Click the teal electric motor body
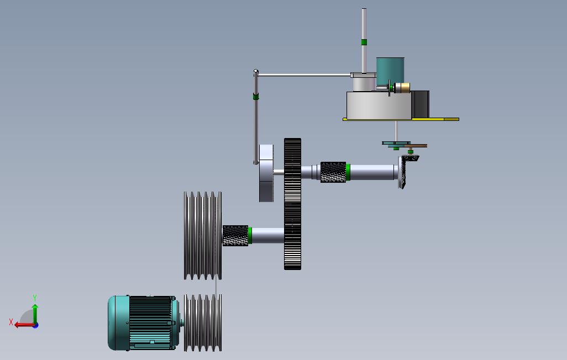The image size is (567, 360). [143, 323]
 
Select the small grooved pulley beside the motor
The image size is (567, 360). [203, 323]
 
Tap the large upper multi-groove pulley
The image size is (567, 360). [203, 236]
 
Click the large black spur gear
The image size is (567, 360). [292, 204]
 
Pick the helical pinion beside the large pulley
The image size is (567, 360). [235, 236]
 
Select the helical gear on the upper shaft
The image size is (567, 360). [333, 172]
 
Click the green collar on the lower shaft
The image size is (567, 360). [250, 236]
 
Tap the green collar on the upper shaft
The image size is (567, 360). [348, 172]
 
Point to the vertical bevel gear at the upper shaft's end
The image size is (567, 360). [402, 172]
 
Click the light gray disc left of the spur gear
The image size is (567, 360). [266, 173]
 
